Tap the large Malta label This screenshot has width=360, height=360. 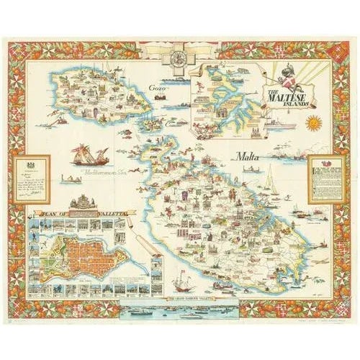[x=248, y=156]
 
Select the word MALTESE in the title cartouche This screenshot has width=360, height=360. [x=292, y=92]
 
